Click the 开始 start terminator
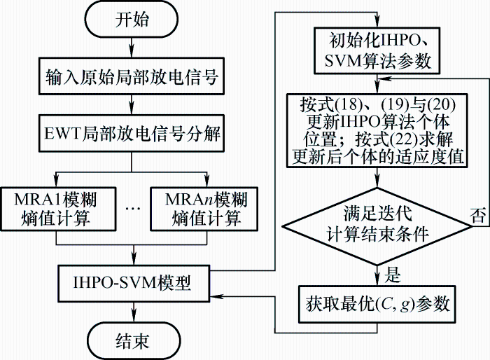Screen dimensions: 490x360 (132, 19)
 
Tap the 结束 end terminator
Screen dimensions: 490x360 (134, 340)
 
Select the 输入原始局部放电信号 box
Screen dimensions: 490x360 (132, 76)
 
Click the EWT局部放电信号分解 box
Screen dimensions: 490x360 (132, 134)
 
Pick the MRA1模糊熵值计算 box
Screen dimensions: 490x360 (58, 209)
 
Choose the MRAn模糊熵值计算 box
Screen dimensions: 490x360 (204, 209)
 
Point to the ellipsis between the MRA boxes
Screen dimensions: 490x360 (133, 208)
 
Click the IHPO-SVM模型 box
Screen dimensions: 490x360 (134, 284)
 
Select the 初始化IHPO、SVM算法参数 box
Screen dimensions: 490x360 (377, 50)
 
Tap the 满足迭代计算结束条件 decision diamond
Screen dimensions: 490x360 (377, 226)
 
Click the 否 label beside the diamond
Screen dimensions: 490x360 (479, 216)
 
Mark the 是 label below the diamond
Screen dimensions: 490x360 (393, 275)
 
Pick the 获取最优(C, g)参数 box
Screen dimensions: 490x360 (377, 304)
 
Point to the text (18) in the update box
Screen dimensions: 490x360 (349, 104)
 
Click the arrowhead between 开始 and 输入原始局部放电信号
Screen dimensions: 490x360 (132, 52)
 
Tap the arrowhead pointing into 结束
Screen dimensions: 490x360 (134, 317)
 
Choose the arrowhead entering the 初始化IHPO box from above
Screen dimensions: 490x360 (377, 22)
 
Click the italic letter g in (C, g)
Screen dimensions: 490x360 (405, 305)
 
